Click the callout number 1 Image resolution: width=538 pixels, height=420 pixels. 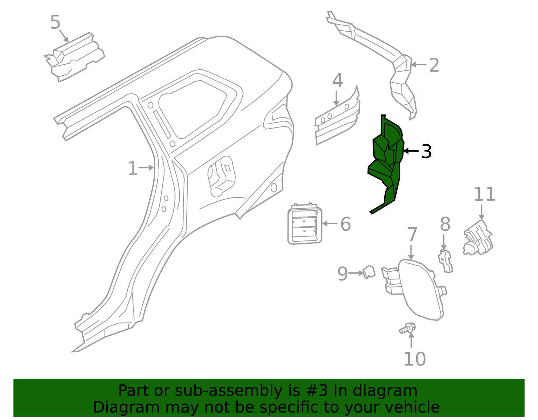click(133, 168)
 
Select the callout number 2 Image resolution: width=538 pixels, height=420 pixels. click(434, 65)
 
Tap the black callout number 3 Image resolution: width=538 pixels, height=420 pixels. click(426, 152)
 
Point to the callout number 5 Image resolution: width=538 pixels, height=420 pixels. click(55, 23)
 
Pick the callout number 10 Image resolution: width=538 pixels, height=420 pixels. click(415, 359)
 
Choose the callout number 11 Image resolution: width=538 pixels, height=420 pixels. click(484, 194)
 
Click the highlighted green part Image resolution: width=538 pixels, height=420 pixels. click(387, 161)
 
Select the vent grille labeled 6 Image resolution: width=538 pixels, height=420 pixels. click(305, 224)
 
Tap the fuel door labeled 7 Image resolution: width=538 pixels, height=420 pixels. click(420, 289)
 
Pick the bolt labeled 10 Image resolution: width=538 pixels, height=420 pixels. click(408, 328)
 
